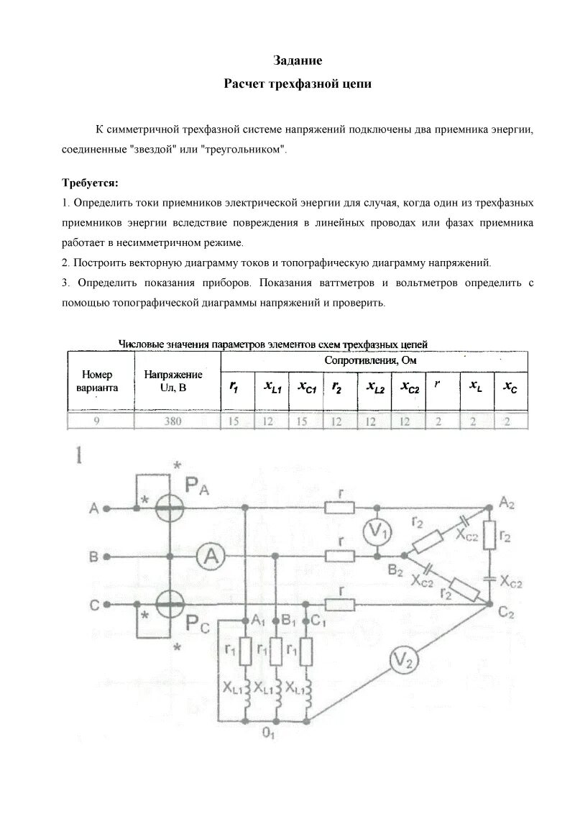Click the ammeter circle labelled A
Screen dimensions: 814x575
pyautogui.click(x=208, y=555)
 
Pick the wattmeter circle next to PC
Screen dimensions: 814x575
pyautogui.click(x=171, y=605)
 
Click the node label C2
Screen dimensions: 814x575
pyautogui.click(x=506, y=613)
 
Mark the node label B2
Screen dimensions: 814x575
pyautogui.click(x=395, y=571)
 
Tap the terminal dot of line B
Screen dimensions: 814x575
pyautogui.click(x=107, y=556)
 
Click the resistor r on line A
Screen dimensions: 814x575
pyautogui.click(x=339, y=508)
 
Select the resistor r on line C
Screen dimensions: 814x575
pyautogui.click(x=339, y=604)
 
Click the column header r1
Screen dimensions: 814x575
pyautogui.click(x=234, y=387)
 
